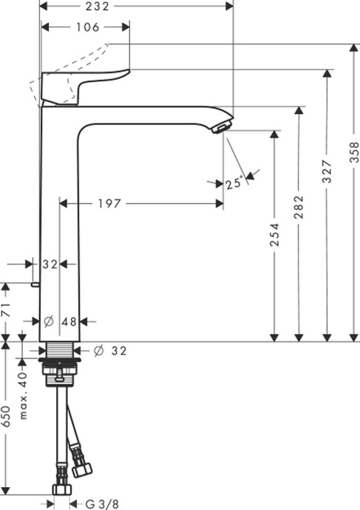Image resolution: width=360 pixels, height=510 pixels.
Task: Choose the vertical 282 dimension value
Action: click(299, 205)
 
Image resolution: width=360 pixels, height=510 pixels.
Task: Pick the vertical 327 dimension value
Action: click(326, 171)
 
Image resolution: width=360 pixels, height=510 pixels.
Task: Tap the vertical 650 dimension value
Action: click(7, 418)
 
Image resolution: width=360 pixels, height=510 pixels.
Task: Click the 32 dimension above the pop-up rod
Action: click(50, 263)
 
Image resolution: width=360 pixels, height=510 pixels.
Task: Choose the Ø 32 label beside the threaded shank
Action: click(111, 351)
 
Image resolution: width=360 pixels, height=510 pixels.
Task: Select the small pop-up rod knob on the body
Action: click(35, 284)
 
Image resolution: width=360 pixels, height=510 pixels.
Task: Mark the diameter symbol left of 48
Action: click(48, 321)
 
